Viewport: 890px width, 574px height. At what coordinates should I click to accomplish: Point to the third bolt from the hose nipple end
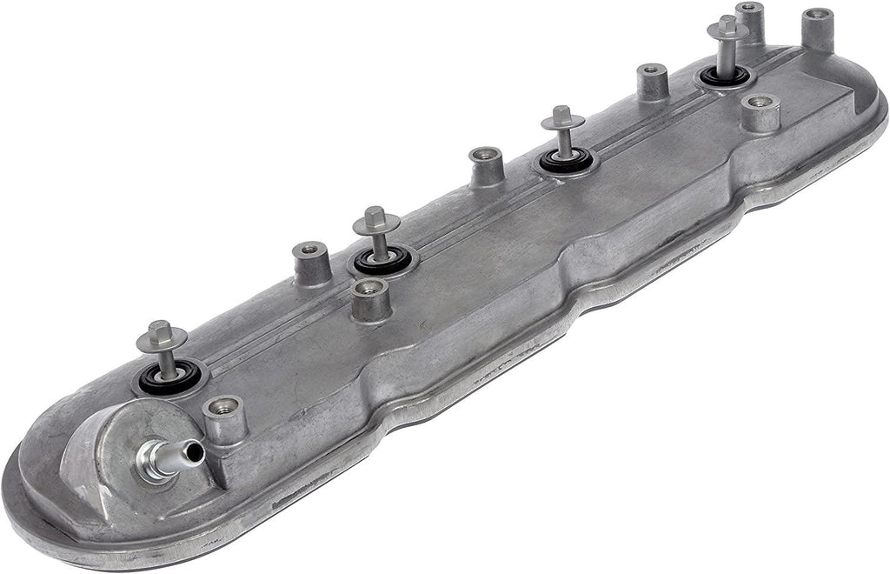[x=562, y=117]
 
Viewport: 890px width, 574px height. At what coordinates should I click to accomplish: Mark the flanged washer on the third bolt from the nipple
[x=562, y=123]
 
